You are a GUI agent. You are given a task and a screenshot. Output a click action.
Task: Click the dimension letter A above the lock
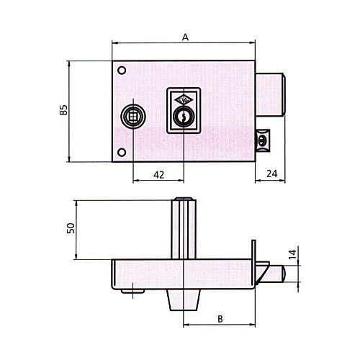pyautogui.click(x=185, y=37)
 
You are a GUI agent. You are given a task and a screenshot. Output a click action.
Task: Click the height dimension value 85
pyautogui.click(x=63, y=110)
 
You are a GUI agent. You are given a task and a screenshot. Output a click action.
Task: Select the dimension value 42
pyautogui.click(x=158, y=175)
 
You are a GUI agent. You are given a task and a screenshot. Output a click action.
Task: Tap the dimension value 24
pyautogui.click(x=271, y=174)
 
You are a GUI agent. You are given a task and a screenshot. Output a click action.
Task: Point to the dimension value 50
pyautogui.click(x=71, y=228)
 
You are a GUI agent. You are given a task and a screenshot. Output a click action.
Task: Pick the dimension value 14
pyautogui.click(x=292, y=254)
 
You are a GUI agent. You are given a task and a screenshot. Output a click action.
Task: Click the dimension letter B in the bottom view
pyautogui.click(x=220, y=319)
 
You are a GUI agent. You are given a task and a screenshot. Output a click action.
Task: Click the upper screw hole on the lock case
pyautogui.click(x=122, y=71)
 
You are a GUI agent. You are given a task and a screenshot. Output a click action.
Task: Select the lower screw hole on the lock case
pyautogui.click(x=122, y=153)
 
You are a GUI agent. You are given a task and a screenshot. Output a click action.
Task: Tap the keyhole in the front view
pyautogui.click(x=184, y=117)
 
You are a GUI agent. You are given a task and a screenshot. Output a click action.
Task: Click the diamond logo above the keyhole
pyautogui.click(x=184, y=100)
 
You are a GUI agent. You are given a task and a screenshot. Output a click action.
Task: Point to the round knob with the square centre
pyautogui.click(x=133, y=117)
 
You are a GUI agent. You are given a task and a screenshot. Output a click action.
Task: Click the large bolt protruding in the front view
pyautogui.click(x=270, y=94)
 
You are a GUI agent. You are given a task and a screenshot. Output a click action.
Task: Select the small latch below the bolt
pyautogui.click(x=263, y=140)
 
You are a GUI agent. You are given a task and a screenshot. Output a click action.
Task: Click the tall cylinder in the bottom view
pyautogui.click(x=184, y=228)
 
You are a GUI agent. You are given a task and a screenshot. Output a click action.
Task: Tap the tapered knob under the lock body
pyautogui.click(x=184, y=300)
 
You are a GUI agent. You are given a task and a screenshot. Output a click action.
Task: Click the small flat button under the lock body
pyautogui.click(x=132, y=291)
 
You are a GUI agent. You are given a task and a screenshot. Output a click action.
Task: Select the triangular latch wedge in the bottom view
pyautogui.click(x=261, y=272)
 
